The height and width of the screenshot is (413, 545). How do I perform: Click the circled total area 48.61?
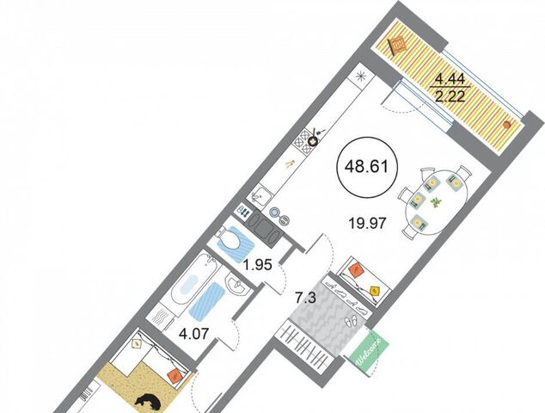pyautogui.click(x=366, y=167)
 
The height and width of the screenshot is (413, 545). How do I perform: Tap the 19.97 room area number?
pyautogui.click(x=368, y=223)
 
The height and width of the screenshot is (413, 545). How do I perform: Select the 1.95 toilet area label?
pyautogui.click(x=257, y=266)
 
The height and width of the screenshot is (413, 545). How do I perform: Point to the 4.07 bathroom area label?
pyautogui.click(x=193, y=335)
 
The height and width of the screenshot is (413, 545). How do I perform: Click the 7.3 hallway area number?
pyautogui.click(x=305, y=299)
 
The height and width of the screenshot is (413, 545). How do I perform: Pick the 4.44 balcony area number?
pyautogui.click(x=450, y=80)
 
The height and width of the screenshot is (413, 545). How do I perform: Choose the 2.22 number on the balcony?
pyautogui.click(x=450, y=95)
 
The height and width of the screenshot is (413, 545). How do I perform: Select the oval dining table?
pyautogui.click(x=435, y=202)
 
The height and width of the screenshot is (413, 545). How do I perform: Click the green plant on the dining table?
pyautogui.click(x=435, y=202)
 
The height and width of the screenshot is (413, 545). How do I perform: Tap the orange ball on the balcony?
pyautogui.click(x=507, y=124)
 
